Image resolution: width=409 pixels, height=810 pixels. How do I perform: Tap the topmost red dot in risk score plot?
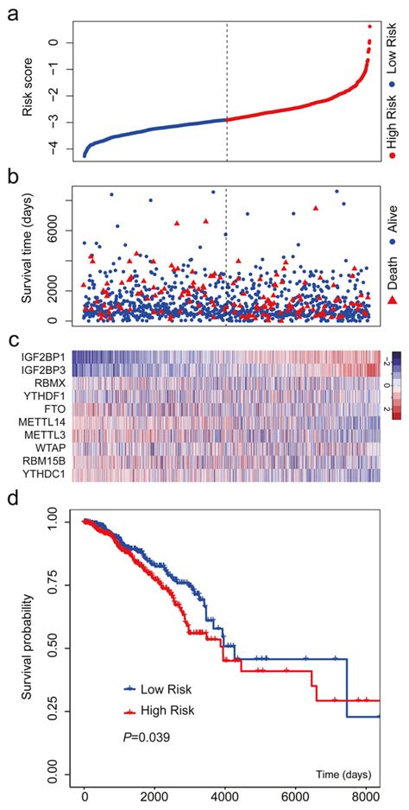(369, 26)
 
